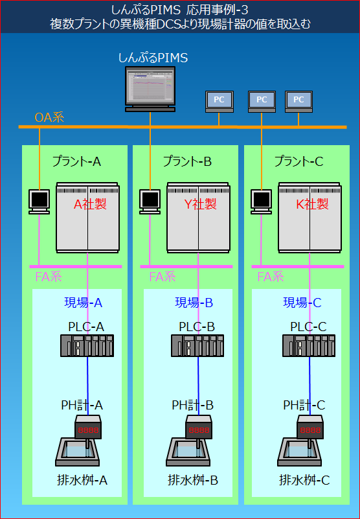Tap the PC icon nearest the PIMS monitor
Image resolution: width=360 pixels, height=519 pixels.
click(219, 100)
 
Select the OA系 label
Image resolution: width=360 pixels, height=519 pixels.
click(49, 118)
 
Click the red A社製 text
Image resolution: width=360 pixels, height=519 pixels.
click(90, 204)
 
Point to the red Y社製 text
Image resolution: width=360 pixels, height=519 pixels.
click(201, 204)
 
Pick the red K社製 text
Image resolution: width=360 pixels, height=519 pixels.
click(312, 204)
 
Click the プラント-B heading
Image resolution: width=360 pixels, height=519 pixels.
click(187, 162)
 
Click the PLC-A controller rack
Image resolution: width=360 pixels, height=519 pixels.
click(87, 345)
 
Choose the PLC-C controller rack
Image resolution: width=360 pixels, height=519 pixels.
click(309, 345)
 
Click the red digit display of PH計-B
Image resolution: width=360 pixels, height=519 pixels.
click(199, 430)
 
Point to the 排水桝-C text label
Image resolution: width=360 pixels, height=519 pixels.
click(304, 480)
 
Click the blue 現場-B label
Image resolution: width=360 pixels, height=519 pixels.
click(194, 303)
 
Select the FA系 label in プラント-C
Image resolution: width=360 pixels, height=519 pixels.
click(271, 277)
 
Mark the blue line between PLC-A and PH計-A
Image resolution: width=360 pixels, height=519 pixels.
click(87, 386)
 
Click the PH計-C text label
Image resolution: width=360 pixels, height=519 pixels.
click(304, 405)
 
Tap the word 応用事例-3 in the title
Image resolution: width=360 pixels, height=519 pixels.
click(221, 10)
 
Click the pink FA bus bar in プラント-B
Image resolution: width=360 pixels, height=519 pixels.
click(186, 266)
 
